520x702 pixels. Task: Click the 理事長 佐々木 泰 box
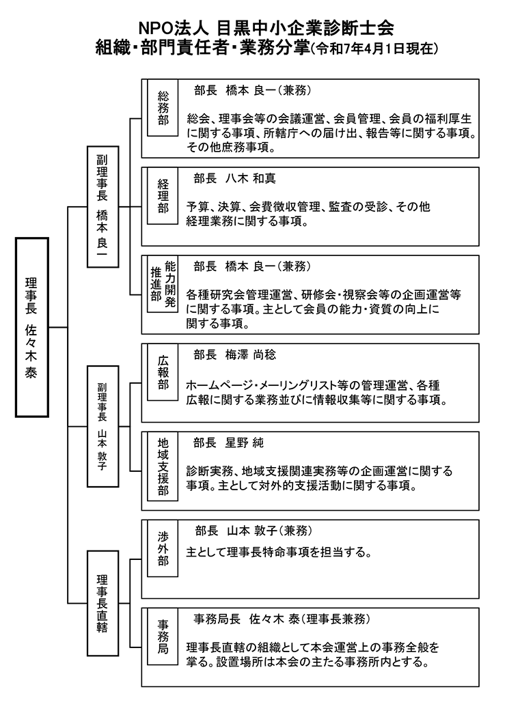pyautogui.click(x=31, y=327)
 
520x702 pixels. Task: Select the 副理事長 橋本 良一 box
pyautogui.click(x=102, y=206)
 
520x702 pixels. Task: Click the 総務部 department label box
pyautogui.click(x=163, y=109)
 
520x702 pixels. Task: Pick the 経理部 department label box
pyautogui.click(x=163, y=197)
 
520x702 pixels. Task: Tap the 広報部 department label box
pyautogui.click(x=163, y=372)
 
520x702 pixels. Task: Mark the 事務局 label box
pyautogui.click(x=163, y=637)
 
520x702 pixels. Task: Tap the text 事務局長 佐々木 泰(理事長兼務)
pyautogui.click(x=282, y=619)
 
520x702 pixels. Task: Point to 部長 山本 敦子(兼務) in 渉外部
pyautogui.click(x=262, y=531)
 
